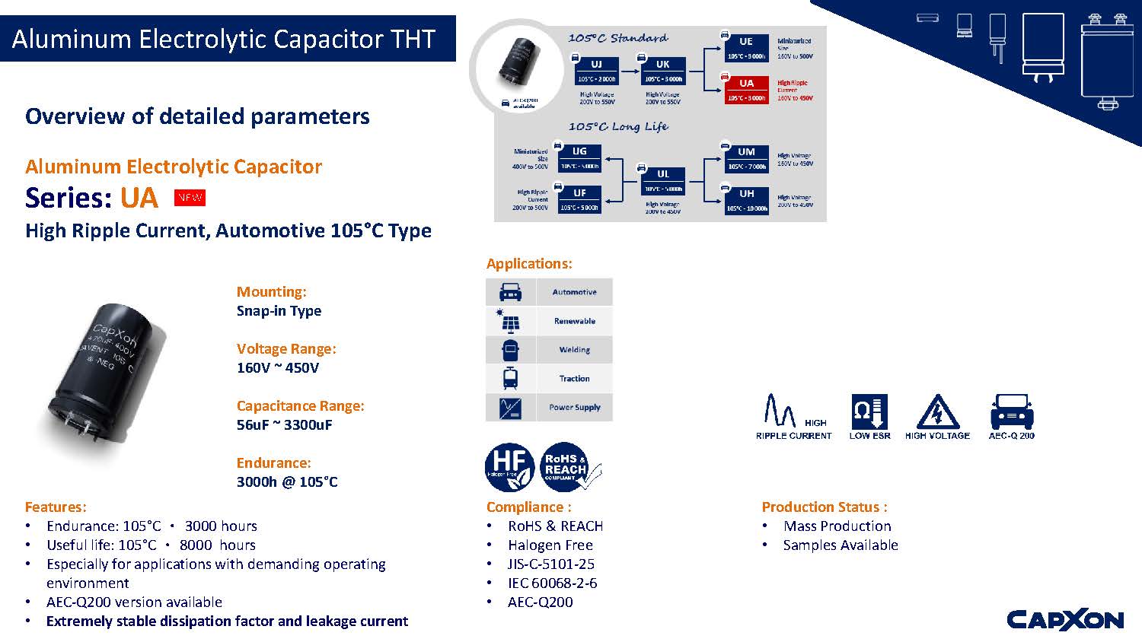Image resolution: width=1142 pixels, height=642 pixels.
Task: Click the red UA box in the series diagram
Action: coord(746,90)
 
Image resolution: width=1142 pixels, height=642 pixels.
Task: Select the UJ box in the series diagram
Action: coord(596,72)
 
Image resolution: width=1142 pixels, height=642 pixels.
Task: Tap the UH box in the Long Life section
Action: coord(746,200)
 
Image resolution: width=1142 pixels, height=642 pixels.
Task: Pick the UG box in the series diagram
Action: coord(579,157)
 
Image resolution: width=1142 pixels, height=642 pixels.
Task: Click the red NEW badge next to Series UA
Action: coord(190,198)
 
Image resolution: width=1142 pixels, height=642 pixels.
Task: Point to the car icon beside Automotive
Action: coord(510,292)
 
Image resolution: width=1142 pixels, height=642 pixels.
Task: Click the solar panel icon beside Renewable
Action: coord(510,321)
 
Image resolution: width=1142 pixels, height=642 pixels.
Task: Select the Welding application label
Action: coord(574,350)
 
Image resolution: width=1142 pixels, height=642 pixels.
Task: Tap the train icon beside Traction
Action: coord(510,378)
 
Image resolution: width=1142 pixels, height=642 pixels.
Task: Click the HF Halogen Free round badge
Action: coord(509,466)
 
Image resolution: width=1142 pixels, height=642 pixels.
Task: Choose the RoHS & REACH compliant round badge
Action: coord(566,466)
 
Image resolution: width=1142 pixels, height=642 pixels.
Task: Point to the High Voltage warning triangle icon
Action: coord(937,412)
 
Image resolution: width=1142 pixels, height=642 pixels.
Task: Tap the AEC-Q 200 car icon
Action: coord(1011,412)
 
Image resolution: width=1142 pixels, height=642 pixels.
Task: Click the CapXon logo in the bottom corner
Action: coord(1065,620)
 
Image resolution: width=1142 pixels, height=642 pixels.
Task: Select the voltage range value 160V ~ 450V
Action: coord(278,368)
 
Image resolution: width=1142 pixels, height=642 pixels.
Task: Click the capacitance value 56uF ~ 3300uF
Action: coord(284,425)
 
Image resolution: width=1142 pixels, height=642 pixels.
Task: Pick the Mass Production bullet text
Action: coord(837,526)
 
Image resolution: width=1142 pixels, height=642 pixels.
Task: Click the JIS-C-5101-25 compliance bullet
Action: coord(551,564)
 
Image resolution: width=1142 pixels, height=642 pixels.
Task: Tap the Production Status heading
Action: coord(825,507)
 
